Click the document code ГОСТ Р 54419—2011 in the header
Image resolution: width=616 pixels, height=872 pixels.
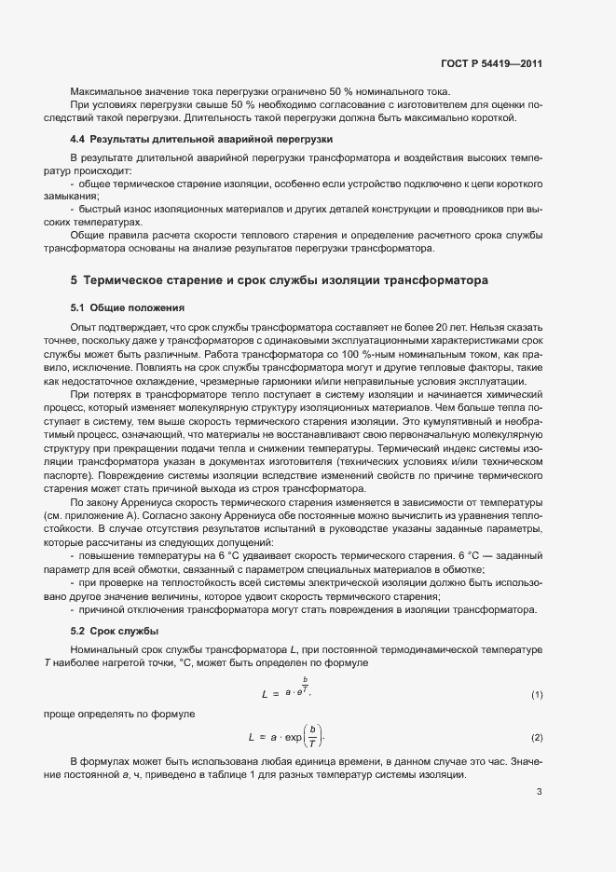(x=490, y=64)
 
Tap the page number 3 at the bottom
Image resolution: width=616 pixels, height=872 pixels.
(x=539, y=794)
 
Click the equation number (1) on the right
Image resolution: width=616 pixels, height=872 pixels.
(x=537, y=695)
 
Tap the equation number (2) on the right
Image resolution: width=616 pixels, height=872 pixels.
(x=537, y=738)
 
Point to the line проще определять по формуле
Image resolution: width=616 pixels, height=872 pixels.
(x=120, y=714)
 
